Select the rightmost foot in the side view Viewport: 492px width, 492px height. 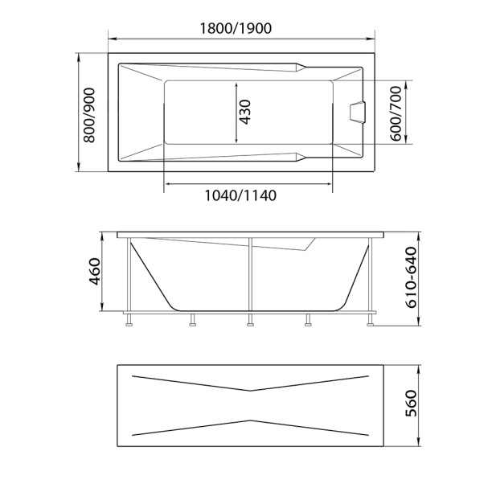click(370, 325)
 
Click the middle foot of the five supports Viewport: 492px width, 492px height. click(250, 325)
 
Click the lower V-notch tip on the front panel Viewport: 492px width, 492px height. click(250, 420)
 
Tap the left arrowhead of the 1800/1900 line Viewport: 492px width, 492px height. click(110, 38)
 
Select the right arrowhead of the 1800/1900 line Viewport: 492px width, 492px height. click(374, 38)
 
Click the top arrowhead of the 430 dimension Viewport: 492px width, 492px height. click(236, 83)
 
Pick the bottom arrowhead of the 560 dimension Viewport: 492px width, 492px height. click(419, 445)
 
